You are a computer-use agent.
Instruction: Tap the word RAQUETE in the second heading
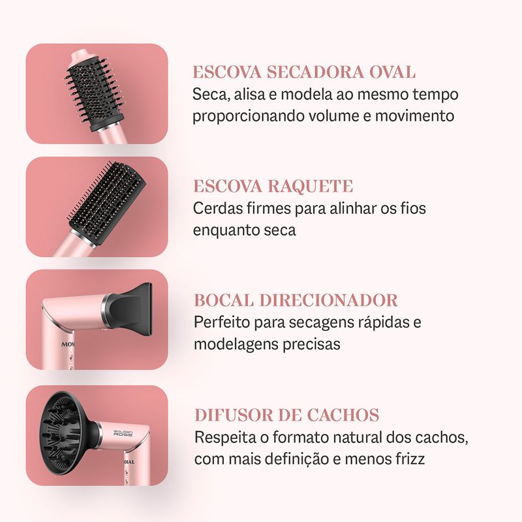coord(311,186)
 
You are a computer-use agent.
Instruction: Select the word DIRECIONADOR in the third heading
coord(329,300)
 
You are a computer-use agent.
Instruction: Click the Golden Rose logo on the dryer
coord(123,433)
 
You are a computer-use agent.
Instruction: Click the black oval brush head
coord(94,90)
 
